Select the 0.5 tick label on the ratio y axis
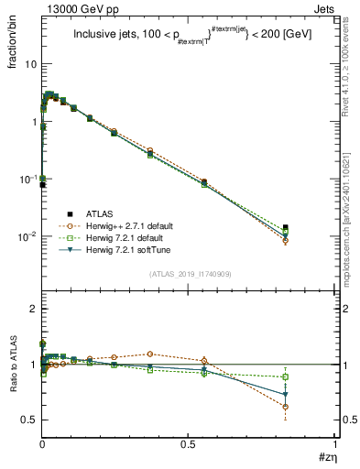28,420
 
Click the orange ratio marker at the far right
286,407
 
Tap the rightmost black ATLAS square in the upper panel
286,227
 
